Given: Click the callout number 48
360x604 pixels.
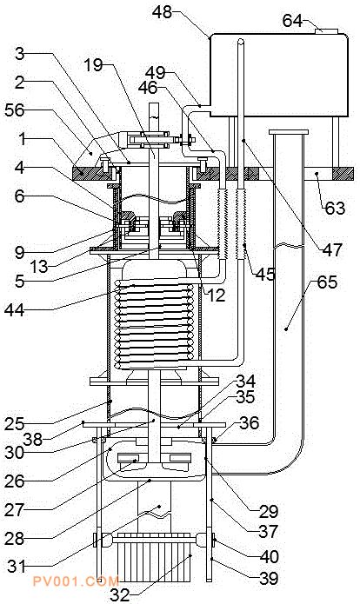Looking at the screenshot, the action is pyautogui.click(x=162, y=11).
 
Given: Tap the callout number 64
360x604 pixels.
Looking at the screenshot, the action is pyautogui.click(x=292, y=21).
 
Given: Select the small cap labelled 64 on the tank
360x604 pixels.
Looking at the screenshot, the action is pyautogui.click(x=326, y=31).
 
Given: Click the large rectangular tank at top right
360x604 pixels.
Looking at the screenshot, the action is pyautogui.click(x=278, y=75).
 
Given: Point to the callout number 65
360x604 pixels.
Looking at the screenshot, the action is pyautogui.click(x=327, y=282).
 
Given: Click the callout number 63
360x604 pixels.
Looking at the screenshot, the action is pyautogui.click(x=335, y=209).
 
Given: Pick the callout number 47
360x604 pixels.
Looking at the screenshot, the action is pyautogui.click(x=332, y=249).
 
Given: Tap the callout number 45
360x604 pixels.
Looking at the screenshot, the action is pyautogui.click(x=265, y=274).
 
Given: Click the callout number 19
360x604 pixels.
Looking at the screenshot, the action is pyautogui.click(x=94, y=64).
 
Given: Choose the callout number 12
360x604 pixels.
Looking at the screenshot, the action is pyautogui.click(x=216, y=295).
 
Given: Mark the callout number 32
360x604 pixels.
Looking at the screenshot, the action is pyautogui.click(x=120, y=595).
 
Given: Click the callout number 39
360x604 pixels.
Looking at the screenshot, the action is pyautogui.click(x=269, y=578).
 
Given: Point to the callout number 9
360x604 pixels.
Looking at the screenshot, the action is pyautogui.click(x=20, y=253).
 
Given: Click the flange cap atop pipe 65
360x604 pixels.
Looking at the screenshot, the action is pyautogui.click(x=289, y=132).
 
